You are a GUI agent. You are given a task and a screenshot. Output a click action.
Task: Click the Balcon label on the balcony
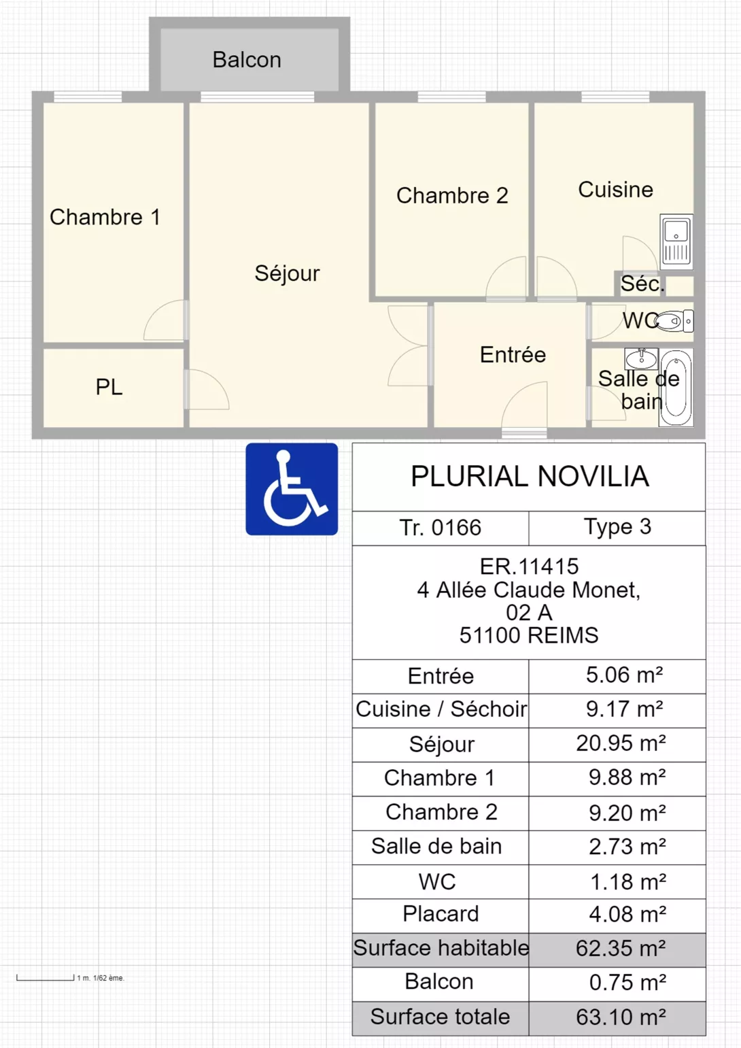[247, 60]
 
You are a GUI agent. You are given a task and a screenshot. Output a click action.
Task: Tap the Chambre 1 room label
[105, 217]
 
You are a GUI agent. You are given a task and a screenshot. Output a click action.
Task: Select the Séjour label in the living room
[288, 273]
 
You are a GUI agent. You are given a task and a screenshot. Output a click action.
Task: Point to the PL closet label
[109, 387]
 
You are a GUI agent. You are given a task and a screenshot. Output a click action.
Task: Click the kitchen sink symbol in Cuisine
[676, 242]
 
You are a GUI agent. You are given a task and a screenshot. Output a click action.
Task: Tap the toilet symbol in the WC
[674, 321]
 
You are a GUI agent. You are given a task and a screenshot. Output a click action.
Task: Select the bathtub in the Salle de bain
[676, 388]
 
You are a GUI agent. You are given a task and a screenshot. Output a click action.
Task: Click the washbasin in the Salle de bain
[641, 358]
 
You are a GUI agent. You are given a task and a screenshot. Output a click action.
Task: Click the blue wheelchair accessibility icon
[292, 489]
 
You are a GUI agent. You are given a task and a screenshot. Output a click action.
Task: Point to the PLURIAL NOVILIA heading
[530, 476]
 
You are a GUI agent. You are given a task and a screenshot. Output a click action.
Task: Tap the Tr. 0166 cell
[441, 528]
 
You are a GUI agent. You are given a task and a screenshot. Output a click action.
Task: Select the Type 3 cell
[617, 527]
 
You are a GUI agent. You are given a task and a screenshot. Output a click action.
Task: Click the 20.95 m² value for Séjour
[621, 743]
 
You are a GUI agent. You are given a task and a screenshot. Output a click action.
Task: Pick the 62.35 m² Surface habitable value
[621, 948]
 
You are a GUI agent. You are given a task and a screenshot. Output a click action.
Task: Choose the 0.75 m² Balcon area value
[627, 983]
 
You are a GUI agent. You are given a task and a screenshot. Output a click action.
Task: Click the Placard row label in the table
[441, 914]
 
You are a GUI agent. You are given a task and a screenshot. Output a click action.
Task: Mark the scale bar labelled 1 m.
[46, 977]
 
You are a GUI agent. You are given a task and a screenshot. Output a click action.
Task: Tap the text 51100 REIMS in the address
[529, 635]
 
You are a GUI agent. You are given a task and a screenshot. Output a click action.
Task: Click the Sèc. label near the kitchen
[642, 284]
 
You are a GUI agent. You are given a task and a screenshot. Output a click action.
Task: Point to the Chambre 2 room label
[452, 196]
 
